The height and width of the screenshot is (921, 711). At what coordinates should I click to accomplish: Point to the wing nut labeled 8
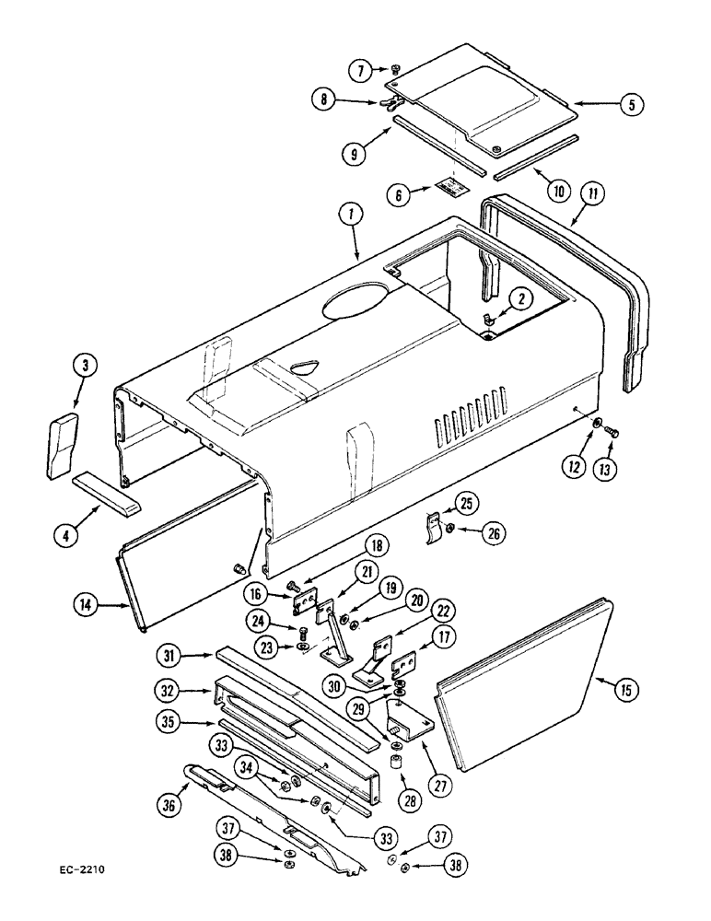tap(385, 104)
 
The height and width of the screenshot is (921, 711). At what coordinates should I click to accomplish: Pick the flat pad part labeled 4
tap(105, 483)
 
